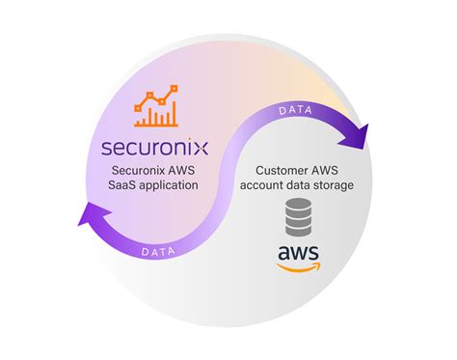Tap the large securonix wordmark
coord(154,151)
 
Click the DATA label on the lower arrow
coord(158,252)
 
